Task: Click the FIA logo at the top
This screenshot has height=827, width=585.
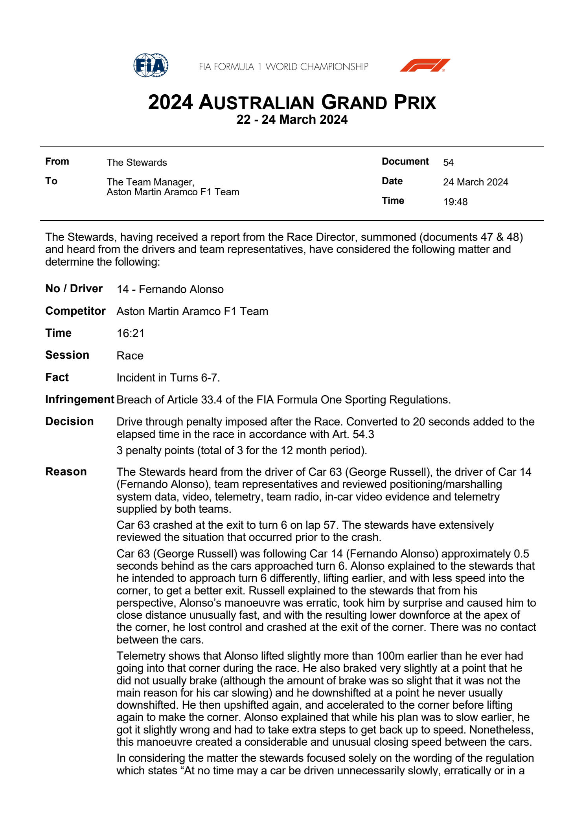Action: pyautogui.click(x=151, y=65)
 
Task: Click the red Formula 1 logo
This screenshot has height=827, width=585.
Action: pyautogui.click(x=425, y=65)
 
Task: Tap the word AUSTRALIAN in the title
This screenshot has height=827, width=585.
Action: pyautogui.click(x=256, y=103)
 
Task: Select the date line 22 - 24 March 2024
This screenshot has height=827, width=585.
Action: pyautogui.click(x=292, y=119)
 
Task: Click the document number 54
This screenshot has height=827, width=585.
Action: pyautogui.click(x=448, y=162)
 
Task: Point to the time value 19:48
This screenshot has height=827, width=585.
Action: pyautogui.click(x=455, y=202)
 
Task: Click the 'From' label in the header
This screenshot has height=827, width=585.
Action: pyautogui.click(x=57, y=161)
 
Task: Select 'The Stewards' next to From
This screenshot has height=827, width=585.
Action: pyautogui.click(x=136, y=162)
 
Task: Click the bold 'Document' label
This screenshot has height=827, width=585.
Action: pyautogui.click(x=405, y=161)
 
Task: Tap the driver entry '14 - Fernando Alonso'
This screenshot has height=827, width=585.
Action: pyautogui.click(x=170, y=290)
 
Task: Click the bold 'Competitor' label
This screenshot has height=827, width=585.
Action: pyautogui.click(x=75, y=311)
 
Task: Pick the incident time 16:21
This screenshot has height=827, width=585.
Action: pyautogui.click(x=131, y=334)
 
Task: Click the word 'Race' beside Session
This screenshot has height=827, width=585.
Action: pyautogui.click(x=130, y=356)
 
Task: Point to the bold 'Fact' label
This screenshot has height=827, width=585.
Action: pyautogui.click(x=57, y=378)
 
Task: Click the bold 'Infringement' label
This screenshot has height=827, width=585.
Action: pyautogui.click(x=80, y=400)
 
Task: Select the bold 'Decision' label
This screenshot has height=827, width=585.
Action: pyautogui.click(x=70, y=422)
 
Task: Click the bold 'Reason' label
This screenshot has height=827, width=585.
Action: pyautogui.click(x=66, y=472)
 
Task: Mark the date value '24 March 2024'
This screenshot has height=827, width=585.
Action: pyautogui.click(x=475, y=182)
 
